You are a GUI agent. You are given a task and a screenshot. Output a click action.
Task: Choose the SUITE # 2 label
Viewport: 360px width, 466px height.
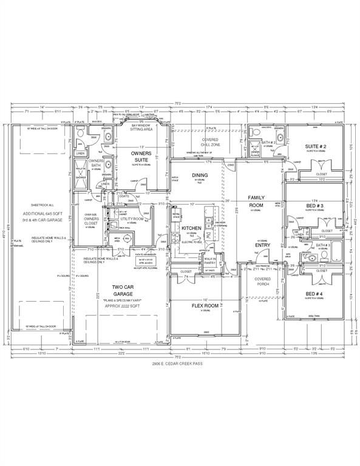pyautogui.click(x=315, y=147)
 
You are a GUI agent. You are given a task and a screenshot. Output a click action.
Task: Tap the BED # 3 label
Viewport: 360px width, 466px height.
pyautogui.click(x=314, y=206)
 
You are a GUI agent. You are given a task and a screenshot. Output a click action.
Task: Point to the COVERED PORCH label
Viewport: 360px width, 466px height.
pyautogui.click(x=263, y=281)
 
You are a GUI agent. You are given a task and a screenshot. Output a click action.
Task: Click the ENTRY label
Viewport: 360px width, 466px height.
pyautogui.click(x=262, y=245)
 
